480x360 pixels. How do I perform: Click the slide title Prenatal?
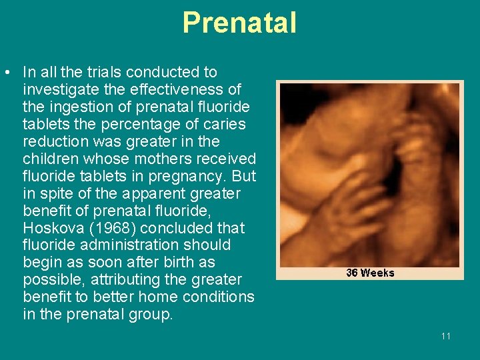(x=239, y=23)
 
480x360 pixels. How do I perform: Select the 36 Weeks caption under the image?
(x=370, y=273)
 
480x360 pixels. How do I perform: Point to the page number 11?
(x=445, y=336)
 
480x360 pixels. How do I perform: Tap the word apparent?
(x=141, y=193)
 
